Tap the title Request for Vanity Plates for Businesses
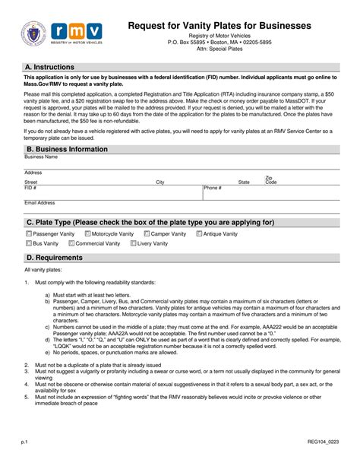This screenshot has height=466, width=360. click(219, 25)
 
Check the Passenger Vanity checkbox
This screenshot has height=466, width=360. click(29, 234)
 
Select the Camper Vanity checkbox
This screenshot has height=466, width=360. click(145, 234)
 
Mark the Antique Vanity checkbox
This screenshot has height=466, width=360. click(199, 234)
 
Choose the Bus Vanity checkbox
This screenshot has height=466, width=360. click(29, 244)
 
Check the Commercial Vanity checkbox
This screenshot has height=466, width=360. click(71, 244)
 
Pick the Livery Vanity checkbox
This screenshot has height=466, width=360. click(133, 244)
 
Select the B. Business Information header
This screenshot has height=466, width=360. click(67, 149)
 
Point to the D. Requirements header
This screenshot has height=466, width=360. click(55, 258)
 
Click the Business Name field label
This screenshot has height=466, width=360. click(40, 157)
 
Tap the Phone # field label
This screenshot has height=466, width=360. click(213, 187)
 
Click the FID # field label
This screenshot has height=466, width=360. click(30, 187)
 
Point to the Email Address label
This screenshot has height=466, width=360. click(39, 203)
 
